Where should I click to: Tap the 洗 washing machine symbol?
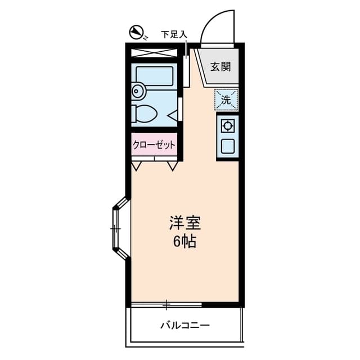(226, 100)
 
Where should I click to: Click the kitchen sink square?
(228, 147)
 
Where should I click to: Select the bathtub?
(155, 75)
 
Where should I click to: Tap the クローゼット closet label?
(154, 145)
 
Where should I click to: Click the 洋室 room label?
(184, 222)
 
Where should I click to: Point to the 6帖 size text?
(184, 243)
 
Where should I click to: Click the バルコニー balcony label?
(184, 326)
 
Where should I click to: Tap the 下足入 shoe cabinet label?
(173, 35)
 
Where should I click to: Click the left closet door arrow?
(137, 166)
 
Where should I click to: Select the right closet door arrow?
(172, 166)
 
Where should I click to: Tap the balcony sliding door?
(166, 305)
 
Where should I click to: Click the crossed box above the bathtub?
(154, 53)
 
